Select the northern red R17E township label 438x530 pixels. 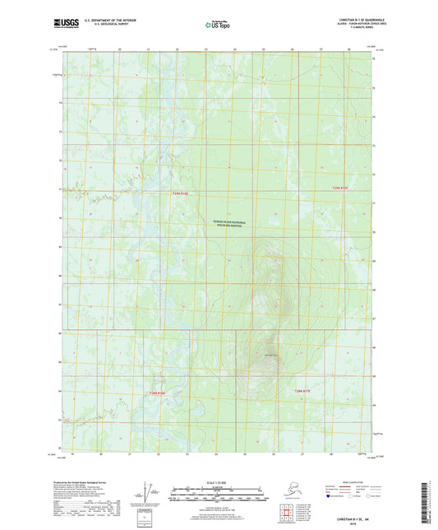(339, 188)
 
